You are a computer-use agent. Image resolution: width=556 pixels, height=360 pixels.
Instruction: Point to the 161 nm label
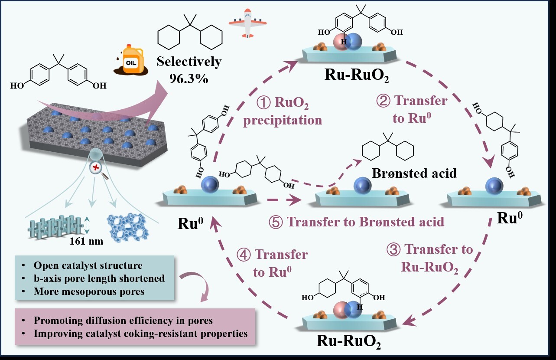[87, 241]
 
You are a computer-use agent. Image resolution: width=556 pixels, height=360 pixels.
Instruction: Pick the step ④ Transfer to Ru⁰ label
[272, 262]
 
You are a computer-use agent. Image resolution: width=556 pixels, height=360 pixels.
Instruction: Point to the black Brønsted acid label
[414, 173]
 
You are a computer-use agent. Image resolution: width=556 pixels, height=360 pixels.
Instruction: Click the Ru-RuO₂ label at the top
[357, 76]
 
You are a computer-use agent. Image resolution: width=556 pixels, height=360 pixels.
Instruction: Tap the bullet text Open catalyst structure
[88, 265]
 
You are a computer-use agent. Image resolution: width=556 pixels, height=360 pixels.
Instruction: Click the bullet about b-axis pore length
[99, 278]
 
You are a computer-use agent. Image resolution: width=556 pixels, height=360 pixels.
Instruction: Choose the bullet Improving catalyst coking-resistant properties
[140, 334]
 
